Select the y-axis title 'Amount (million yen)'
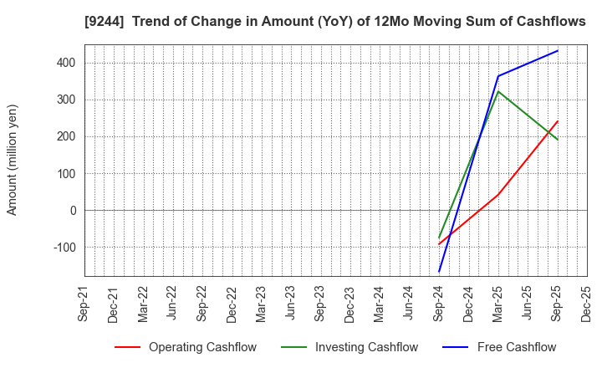point(13,160)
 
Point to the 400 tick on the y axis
point(65,63)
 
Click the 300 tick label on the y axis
point(65,100)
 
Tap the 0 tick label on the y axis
point(73,211)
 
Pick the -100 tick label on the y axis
point(63,248)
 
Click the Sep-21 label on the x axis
point(84,304)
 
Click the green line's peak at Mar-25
point(498,91)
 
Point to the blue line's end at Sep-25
point(557,51)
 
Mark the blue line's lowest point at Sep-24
point(439,272)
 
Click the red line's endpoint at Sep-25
point(557,121)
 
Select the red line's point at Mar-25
point(498,194)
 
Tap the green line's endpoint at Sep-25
point(557,140)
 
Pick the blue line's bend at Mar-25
point(498,76)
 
